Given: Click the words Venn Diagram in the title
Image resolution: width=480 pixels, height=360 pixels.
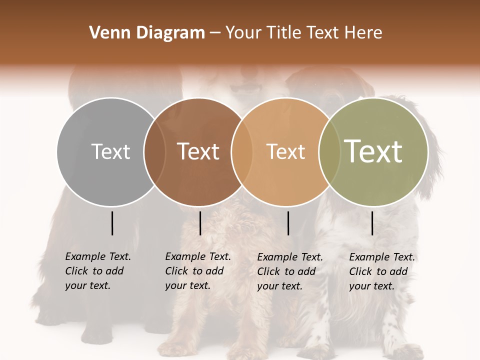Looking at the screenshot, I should pos(147,33).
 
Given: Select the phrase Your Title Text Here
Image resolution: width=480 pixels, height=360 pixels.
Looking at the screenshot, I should pos(303,33).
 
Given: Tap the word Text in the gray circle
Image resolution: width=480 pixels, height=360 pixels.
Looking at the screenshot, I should pos(110,151).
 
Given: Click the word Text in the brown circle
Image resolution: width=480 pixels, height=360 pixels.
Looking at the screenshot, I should pos(198,151).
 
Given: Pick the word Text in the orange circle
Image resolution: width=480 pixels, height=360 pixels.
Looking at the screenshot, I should pos(285,151).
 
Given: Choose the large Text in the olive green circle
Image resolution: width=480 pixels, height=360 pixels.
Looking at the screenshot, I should pos(373,151).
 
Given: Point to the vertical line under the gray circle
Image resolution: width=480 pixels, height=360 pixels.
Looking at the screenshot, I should pos(112,223).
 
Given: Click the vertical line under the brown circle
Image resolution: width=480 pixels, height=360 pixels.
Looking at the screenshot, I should pos(200,223).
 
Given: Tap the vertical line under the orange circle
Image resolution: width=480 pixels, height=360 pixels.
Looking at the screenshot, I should pos(288,223).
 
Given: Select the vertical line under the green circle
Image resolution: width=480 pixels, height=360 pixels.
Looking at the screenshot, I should pos(372,223).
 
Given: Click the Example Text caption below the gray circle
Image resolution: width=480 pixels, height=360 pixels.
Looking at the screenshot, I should pos(97,271).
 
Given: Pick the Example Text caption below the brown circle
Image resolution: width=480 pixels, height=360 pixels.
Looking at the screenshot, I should pos(197,271).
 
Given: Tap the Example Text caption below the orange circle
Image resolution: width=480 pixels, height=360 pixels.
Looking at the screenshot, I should pos(289,271).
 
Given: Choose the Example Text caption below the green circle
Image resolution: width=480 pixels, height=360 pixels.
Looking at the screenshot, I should pos(381,271).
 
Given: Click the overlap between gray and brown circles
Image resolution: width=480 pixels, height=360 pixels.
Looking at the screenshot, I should pos(154,151).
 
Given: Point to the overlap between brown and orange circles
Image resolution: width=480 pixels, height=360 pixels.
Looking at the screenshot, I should pos(241,151).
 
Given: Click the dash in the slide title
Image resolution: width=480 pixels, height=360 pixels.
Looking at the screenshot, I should pos(215,33).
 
